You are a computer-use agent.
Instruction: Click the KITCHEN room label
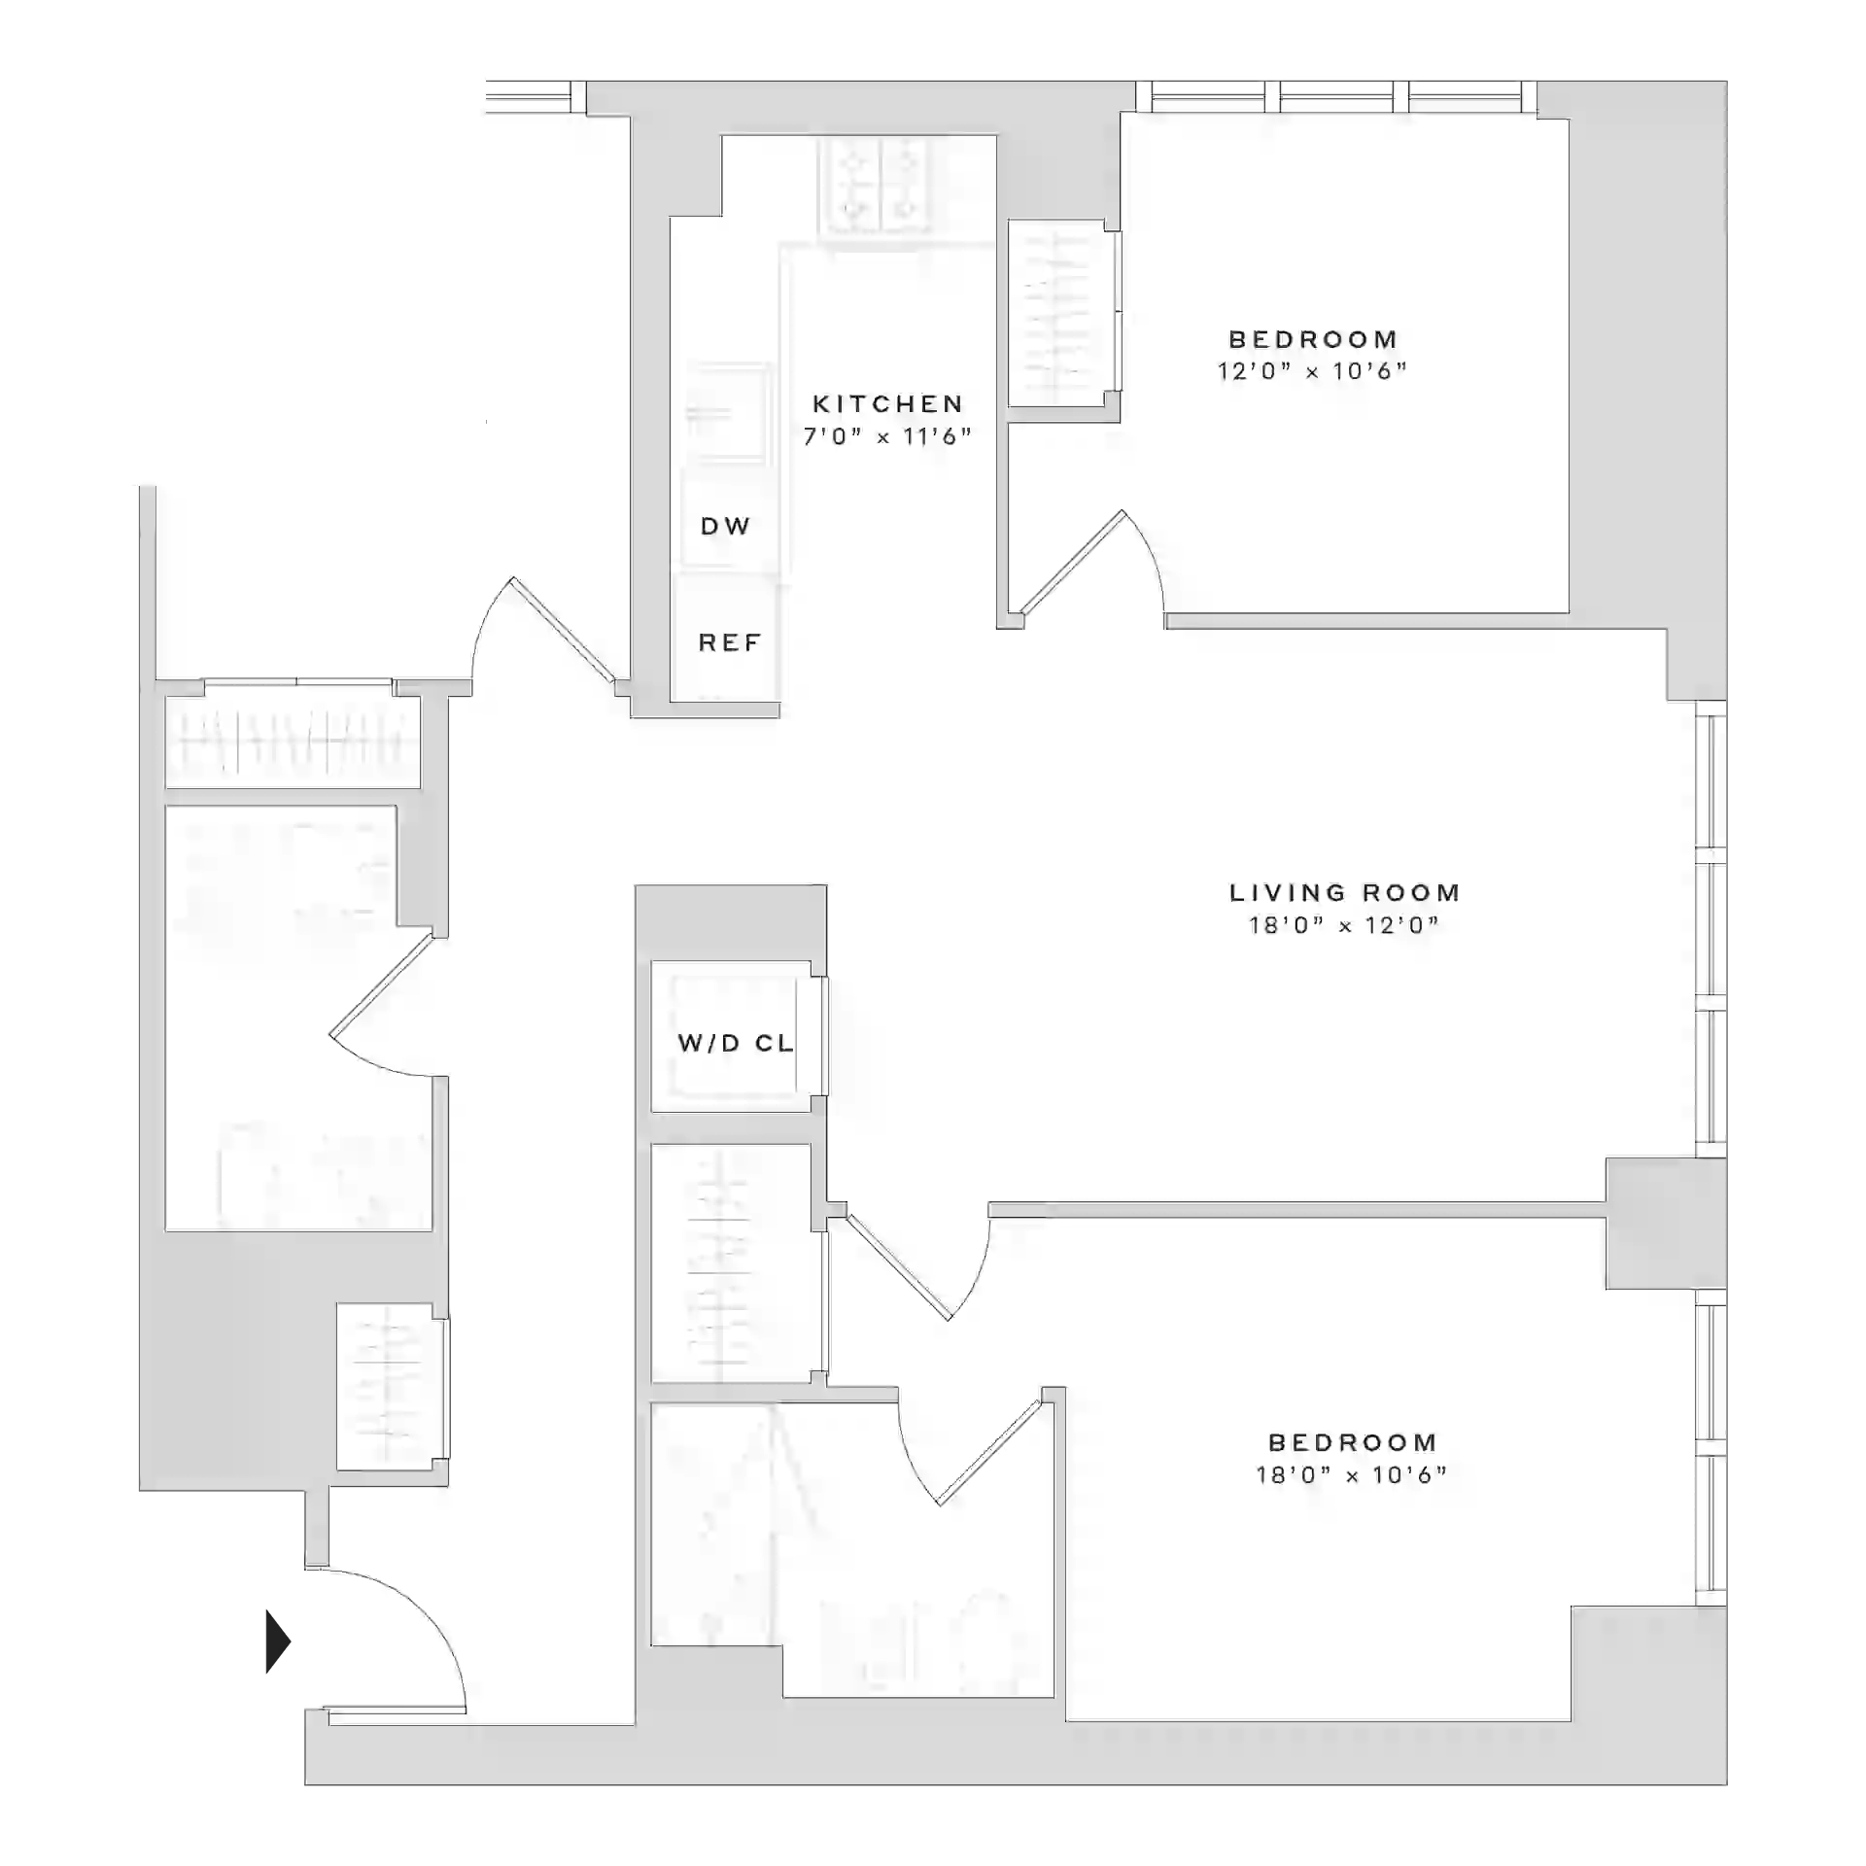pos(887,403)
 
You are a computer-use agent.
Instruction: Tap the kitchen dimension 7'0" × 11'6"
pos(887,436)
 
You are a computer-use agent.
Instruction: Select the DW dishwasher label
pos(725,526)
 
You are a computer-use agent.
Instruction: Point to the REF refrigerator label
pos(729,642)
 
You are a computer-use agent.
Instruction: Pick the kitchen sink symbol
pos(728,412)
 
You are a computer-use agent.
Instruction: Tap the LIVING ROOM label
pos(1344,892)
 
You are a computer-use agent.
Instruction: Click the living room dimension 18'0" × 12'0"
pos(1344,925)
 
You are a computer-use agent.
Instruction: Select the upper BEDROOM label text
pos(1313,339)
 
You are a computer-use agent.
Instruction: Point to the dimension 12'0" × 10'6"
pos(1312,371)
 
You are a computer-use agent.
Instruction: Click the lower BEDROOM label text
pos(1352,1442)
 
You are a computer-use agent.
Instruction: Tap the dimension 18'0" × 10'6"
pos(1351,1475)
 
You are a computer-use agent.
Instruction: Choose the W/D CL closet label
pos(735,1043)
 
